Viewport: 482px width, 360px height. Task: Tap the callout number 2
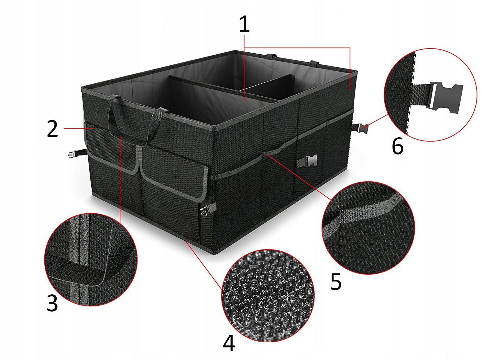coord(52,129)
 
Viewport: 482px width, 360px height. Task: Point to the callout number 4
coord(229,343)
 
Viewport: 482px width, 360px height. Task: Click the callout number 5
coord(336,282)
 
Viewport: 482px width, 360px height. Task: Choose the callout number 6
coord(398,146)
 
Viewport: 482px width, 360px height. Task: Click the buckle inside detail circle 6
coord(446,96)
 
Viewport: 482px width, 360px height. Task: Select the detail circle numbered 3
coord(91,259)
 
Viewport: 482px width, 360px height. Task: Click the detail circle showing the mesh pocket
coord(368,228)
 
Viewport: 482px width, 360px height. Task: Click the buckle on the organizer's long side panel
coord(307,161)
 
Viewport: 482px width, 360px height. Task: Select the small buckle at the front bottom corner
coord(207,211)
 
